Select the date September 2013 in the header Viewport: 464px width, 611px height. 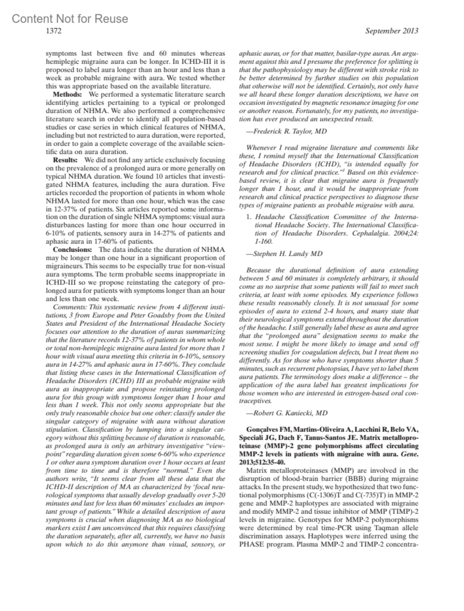coord(391,31)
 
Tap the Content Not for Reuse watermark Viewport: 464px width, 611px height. coord(70,19)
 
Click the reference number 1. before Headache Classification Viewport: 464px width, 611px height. coord(249,217)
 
